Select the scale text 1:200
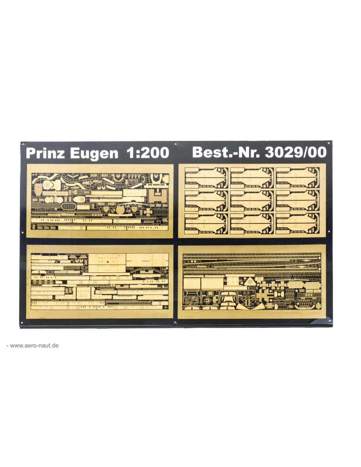tap(148, 153)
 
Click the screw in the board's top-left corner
tap(23, 144)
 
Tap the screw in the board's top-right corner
tap(329, 143)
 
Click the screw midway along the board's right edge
tap(329, 232)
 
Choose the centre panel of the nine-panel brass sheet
tap(252, 201)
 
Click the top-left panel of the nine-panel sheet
tap(206, 178)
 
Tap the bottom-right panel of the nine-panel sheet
tap(297, 223)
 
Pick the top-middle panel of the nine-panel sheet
tap(252, 178)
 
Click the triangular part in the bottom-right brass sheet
tap(250, 280)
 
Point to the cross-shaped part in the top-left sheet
tap(149, 211)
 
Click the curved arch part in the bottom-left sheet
tap(146, 270)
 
